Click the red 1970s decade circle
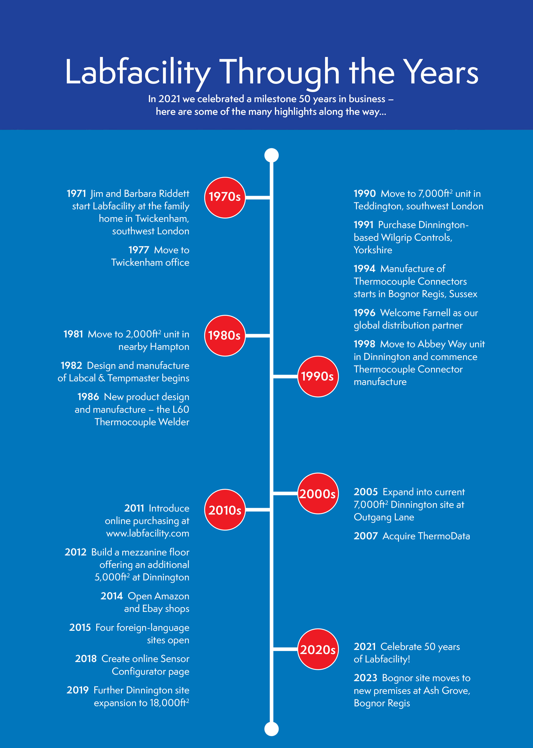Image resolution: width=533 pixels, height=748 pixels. pos(225,197)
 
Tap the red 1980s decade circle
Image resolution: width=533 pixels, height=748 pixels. pos(225,335)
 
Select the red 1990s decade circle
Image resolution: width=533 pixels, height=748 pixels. pos(318,376)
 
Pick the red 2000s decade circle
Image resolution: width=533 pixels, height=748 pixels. pos(318,493)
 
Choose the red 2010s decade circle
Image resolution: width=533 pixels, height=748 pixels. pos(225,509)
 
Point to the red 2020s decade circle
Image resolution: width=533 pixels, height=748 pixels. pos(318,649)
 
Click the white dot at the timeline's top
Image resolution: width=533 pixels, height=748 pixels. pos(271,155)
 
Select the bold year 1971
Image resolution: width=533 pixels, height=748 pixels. pos(76,194)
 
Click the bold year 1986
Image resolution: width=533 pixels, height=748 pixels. pos(88,397)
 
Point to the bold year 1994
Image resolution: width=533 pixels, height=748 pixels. pos(364,269)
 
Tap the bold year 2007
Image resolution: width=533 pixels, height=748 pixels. pos(366,536)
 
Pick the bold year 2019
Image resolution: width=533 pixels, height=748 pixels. pos(78,690)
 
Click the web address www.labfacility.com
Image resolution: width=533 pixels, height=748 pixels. pos(147,533)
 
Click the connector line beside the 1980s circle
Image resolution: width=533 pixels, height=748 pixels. pos(258,335)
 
